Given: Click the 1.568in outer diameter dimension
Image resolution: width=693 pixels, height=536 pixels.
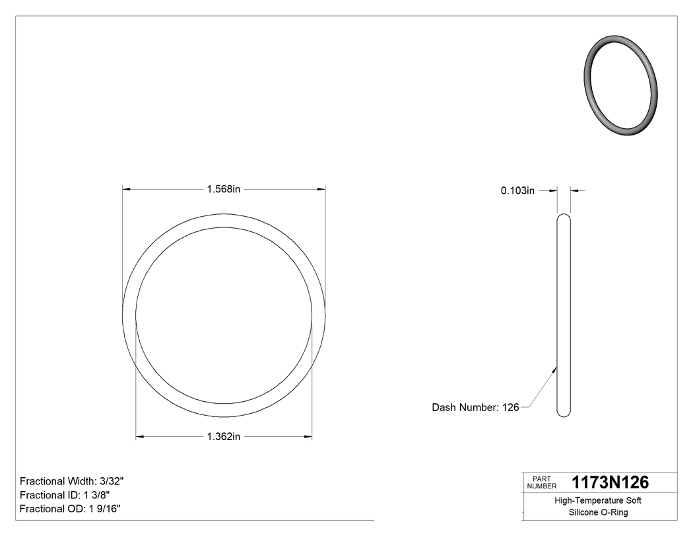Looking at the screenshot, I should [223, 189].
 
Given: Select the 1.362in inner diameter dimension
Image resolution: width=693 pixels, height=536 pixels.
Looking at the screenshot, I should [223, 436].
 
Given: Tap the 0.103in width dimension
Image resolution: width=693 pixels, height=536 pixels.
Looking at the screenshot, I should [517, 190].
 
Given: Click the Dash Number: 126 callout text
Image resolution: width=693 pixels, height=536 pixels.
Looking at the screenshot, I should [475, 407].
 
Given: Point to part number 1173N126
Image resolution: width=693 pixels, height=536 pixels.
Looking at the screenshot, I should [610, 482].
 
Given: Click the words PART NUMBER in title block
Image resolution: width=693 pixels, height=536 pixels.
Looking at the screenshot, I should [541, 482].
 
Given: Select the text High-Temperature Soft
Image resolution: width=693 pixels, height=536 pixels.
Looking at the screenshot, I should [598, 500].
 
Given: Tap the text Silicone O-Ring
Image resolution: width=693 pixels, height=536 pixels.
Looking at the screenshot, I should [598, 512].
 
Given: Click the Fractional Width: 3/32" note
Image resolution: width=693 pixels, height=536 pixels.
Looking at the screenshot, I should [72, 481].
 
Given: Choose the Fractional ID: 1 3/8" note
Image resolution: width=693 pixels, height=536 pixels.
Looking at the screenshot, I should [65, 495].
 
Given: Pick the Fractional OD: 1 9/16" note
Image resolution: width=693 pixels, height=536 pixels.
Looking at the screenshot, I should [70, 508].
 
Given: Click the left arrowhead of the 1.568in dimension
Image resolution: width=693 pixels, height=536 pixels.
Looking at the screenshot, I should [127, 189].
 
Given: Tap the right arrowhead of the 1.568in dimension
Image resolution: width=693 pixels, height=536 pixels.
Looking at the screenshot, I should [321, 189].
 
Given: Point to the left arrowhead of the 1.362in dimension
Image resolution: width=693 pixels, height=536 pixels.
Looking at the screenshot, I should [140, 436].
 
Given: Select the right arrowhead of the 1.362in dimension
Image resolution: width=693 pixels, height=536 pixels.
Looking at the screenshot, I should [308, 436].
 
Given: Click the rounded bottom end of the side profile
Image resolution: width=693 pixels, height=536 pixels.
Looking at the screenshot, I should [564, 413].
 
